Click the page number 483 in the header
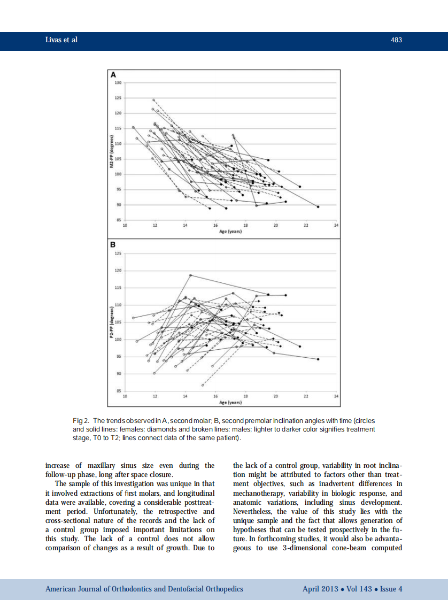pos(396,40)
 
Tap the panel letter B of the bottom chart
pos(113,244)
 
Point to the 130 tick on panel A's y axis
pos(118,83)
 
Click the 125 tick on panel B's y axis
pos(118,254)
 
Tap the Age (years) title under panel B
pos(231,402)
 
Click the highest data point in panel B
pos(191,275)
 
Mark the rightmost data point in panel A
pos(319,206)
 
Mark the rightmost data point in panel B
pos(319,359)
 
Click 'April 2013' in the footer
pos(320,589)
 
